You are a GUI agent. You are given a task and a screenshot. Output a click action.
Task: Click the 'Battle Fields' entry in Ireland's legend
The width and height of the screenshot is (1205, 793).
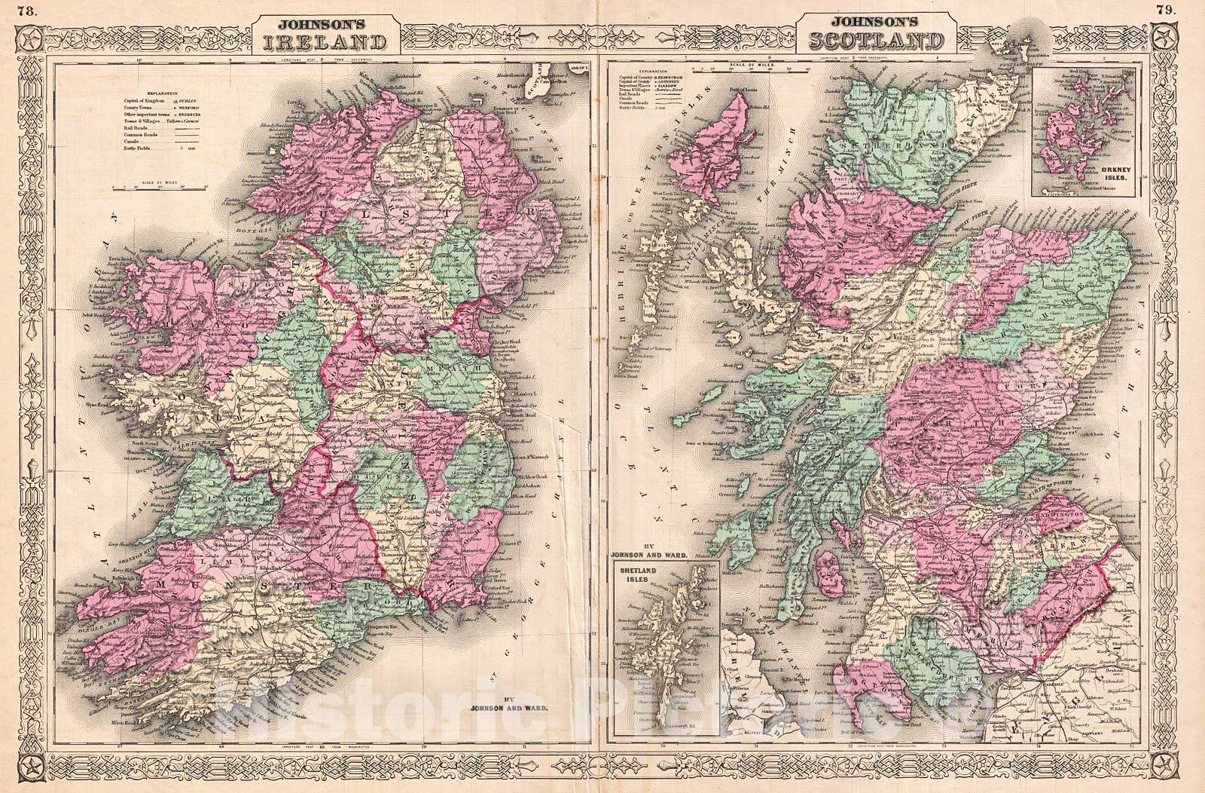[x=137, y=148]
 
